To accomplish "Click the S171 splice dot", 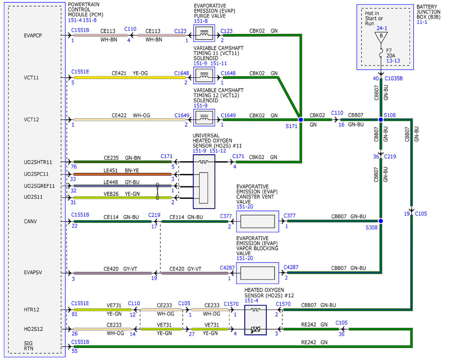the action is tap(301, 120).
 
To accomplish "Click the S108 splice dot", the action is tap(381, 120).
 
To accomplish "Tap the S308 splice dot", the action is tap(381, 221).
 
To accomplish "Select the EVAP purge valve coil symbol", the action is tap(204, 33).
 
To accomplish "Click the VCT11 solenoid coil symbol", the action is tap(204, 75).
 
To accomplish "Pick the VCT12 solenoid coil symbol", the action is tap(204, 118).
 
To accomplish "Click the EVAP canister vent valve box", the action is tap(257, 221).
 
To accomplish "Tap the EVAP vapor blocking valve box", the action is tap(257, 273).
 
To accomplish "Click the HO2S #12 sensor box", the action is tap(256, 320).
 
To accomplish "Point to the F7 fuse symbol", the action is tap(381, 53).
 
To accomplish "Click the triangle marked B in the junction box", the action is tap(381, 37).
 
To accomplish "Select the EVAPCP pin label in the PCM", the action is tap(33, 35).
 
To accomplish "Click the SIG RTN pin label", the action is tap(28, 346).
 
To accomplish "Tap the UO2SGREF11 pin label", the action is tap(39, 186).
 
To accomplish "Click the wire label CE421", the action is tap(119, 73).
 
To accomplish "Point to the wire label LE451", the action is tap(111, 170).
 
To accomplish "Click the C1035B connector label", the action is tap(393, 78).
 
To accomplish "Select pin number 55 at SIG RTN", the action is tap(75, 351).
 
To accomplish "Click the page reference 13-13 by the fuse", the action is tap(393, 61).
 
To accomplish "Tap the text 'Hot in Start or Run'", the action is tap(374, 18).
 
